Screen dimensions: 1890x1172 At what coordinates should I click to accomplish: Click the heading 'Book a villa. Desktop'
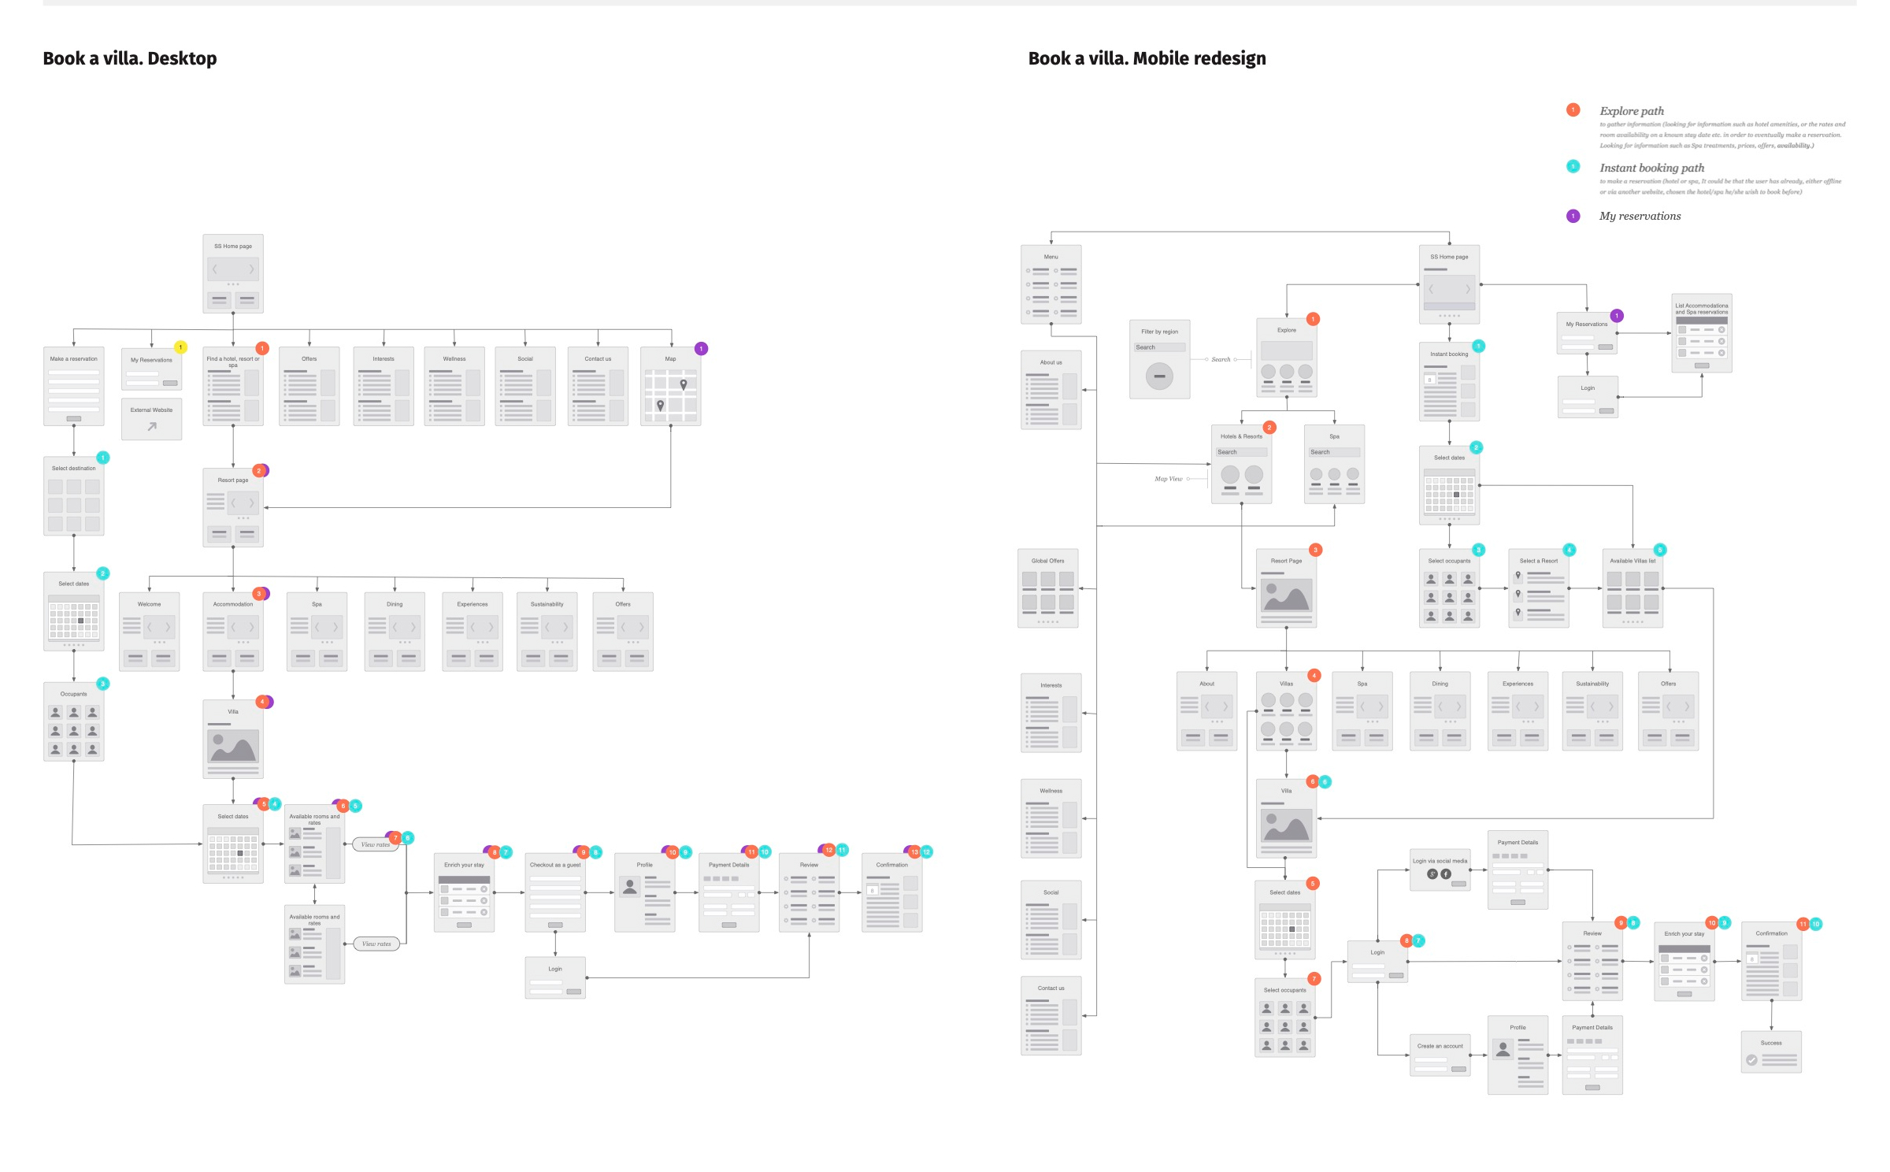click(x=130, y=58)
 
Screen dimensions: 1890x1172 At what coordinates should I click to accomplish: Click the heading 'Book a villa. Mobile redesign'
click(x=1147, y=58)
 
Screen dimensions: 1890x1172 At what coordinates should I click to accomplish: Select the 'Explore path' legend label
click(x=1632, y=111)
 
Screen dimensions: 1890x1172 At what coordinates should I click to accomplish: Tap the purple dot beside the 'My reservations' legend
click(x=1573, y=216)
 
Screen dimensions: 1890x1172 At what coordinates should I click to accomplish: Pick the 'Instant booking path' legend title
click(x=1651, y=168)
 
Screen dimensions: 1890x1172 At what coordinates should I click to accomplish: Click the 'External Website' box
click(x=151, y=419)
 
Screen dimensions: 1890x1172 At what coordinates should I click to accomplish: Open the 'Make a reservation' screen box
click(x=73, y=387)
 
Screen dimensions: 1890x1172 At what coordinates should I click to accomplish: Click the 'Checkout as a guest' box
click(x=555, y=893)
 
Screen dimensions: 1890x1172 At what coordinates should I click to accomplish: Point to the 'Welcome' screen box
click(x=149, y=632)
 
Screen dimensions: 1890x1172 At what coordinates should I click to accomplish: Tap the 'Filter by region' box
click(x=1159, y=359)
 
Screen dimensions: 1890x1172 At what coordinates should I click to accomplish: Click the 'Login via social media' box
click(x=1440, y=870)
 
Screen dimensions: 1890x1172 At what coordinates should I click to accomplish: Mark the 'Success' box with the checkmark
click(x=1771, y=1052)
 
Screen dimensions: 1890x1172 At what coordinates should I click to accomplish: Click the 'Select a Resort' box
click(x=1538, y=588)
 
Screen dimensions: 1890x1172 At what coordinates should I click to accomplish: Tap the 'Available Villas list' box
click(x=1632, y=588)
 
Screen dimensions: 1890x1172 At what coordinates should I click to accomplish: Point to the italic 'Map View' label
click(x=1168, y=479)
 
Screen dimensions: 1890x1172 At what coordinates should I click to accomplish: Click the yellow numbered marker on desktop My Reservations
click(x=180, y=347)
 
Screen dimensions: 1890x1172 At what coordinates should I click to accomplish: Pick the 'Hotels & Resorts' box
click(x=1241, y=464)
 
